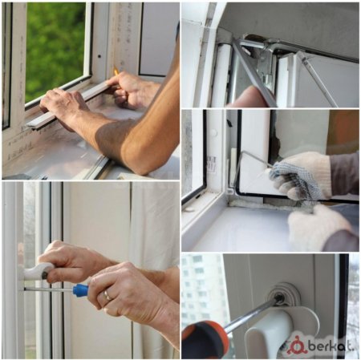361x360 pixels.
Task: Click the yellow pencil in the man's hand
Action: tap(116, 71)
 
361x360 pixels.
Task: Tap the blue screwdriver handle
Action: tap(81, 289)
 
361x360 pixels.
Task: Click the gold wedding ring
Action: tap(107, 296)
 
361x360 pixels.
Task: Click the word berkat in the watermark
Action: tap(331, 346)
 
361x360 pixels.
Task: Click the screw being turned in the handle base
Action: tap(279, 297)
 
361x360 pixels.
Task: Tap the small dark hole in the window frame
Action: tap(99, 56)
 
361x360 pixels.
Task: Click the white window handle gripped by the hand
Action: tap(38, 270)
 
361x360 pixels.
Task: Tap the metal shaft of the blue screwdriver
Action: tap(48, 289)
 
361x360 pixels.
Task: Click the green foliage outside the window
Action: tap(55, 48)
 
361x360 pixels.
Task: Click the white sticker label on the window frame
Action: tap(211, 164)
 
